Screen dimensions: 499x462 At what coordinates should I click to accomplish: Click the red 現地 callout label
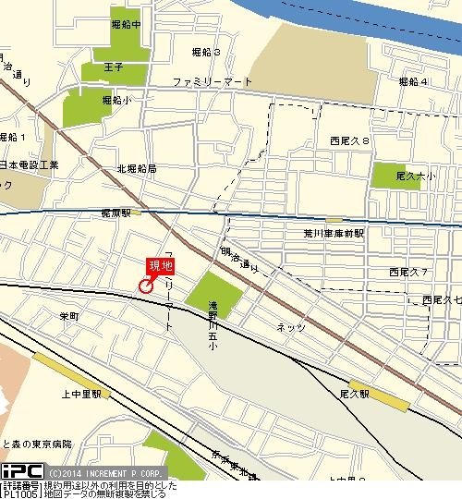tap(162, 267)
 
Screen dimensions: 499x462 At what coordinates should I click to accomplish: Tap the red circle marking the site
tap(145, 286)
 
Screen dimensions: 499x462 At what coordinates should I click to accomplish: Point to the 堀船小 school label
tap(116, 99)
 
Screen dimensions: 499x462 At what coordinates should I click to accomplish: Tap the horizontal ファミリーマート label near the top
tap(213, 82)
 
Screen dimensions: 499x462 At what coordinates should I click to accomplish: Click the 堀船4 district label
tap(413, 82)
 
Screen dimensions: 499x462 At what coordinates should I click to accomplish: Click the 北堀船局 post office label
tap(137, 169)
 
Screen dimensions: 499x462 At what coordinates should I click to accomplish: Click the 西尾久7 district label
tap(407, 272)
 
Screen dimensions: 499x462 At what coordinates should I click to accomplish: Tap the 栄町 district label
tap(69, 316)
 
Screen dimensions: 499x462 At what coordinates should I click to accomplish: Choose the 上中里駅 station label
tap(80, 393)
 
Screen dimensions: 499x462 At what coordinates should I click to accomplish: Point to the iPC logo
tap(18, 471)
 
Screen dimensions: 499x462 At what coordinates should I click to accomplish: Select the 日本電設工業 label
tap(29, 164)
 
